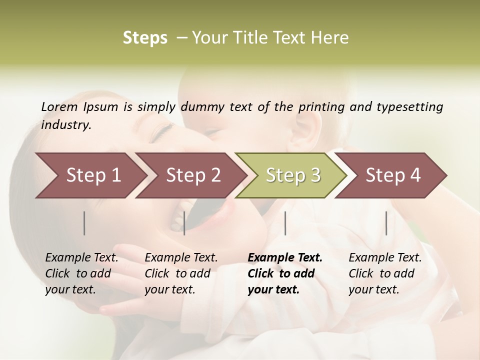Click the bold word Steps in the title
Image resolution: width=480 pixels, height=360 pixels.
[x=145, y=38]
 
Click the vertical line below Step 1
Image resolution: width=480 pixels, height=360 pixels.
[x=84, y=223]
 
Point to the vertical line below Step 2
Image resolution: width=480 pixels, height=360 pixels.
[x=184, y=223]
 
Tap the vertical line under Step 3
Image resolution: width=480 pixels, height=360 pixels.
[x=285, y=223]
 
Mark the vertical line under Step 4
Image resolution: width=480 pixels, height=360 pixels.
[x=386, y=223]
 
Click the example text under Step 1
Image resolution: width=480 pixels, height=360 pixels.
[x=81, y=273]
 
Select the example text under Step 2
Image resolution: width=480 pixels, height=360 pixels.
[x=181, y=273]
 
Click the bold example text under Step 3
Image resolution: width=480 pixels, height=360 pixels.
[x=285, y=273]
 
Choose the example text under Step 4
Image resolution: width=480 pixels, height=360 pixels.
[x=385, y=273]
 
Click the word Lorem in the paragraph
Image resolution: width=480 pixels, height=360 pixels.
[x=59, y=107]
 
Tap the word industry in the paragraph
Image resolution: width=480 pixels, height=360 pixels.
[x=66, y=125]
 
